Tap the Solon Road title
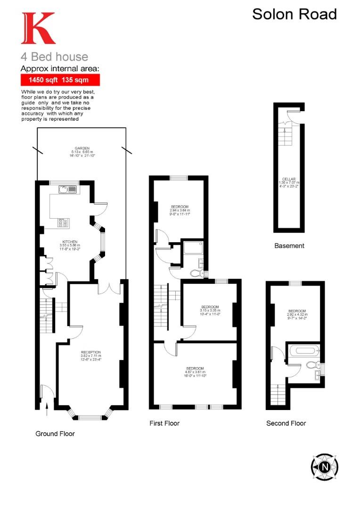(x=295, y=14)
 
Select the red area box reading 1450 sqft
(x=60, y=80)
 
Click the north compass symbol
(x=325, y=467)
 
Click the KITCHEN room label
(x=70, y=242)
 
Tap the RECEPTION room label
(x=90, y=353)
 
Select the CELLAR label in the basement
(x=289, y=179)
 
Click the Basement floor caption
(x=289, y=246)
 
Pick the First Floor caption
(x=164, y=423)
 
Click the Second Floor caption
(x=286, y=423)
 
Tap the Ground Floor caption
(x=55, y=434)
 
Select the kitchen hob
(x=63, y=222)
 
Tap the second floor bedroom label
(x=297, y=311)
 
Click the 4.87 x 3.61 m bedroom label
(x=195, y=368)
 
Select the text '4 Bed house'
(x=54, y=57)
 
